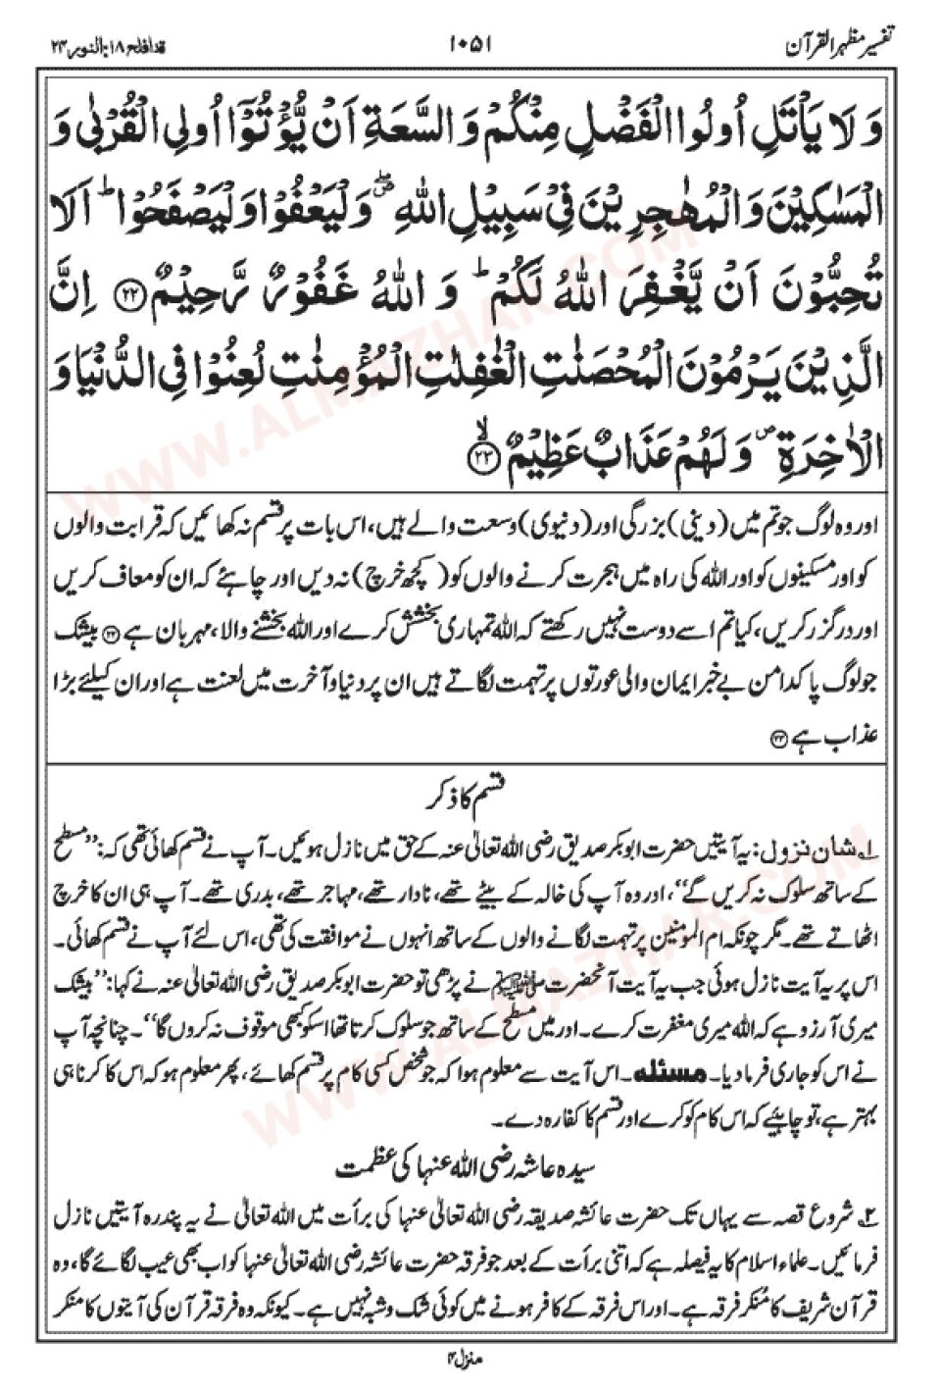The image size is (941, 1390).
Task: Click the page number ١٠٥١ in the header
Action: pyautogui.click(x=470, y=44)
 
